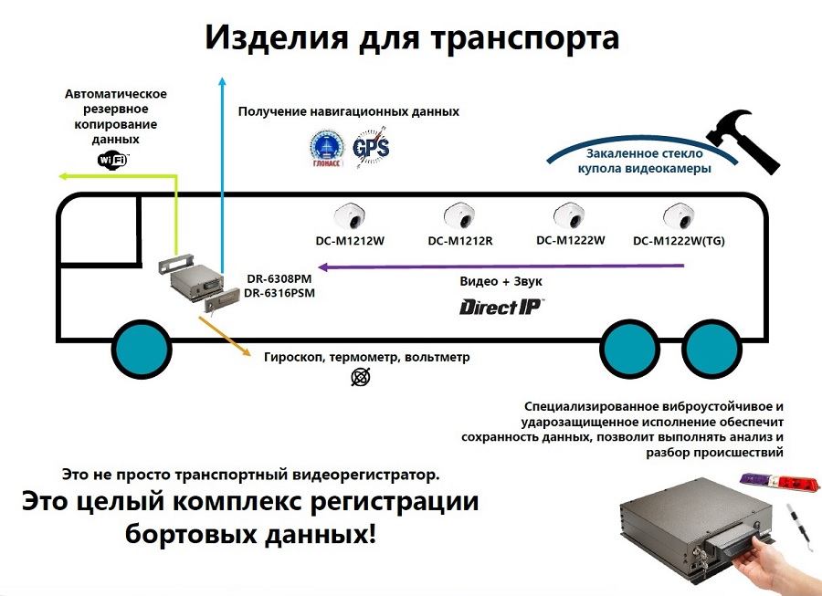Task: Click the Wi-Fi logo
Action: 114,160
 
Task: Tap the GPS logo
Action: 371,146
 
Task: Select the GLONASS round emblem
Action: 326,146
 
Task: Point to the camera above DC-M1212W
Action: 350,216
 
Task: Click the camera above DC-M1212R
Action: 458,216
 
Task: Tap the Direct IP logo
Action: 501,307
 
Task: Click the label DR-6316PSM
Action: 279,293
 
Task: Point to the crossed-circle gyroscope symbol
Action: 362,376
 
